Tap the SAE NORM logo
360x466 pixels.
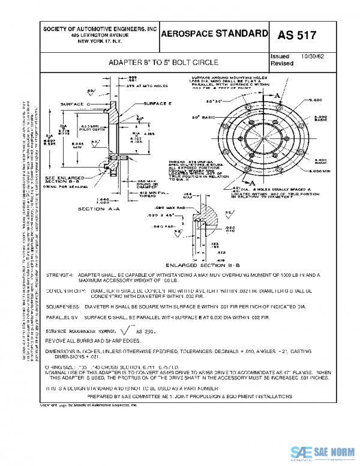(324, 452)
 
